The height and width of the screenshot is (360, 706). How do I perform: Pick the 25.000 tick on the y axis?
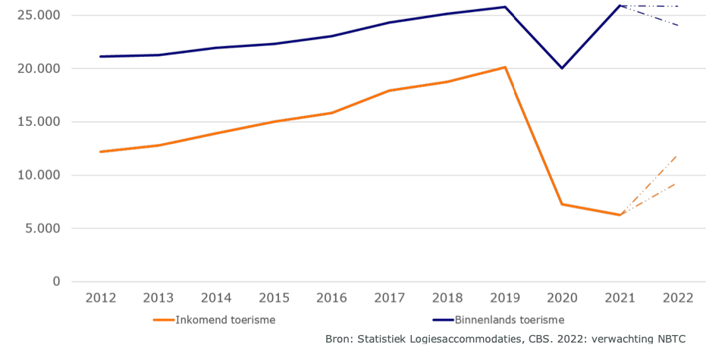pos(37,16)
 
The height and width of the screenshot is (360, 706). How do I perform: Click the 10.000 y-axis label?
pos(37,175)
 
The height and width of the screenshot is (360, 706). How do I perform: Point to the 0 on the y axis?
pos(56,281)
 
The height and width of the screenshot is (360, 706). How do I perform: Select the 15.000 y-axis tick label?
pos(37,122)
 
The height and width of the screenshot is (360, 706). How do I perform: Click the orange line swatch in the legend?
pos(164,320)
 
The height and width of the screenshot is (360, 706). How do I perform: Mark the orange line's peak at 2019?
pos(504,67)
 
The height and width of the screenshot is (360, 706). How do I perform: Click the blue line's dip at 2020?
pos(562,68)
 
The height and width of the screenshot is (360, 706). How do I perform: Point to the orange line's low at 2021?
pos(620,214)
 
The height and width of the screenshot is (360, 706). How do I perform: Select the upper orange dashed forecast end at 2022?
pos(676,155)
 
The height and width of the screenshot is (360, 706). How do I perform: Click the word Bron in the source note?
pos(339,339)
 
